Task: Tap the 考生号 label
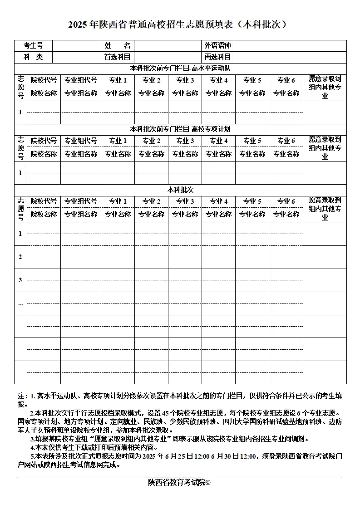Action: [33, 45]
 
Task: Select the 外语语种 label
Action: [217, 45]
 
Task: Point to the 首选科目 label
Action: [117, 57]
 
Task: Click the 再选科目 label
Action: [217, 57]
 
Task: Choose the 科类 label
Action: [33, 57]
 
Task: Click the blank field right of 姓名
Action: [168, 45]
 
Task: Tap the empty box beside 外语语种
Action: [290, 45]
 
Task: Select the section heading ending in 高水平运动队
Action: [180, 69]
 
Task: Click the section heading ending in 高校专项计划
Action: [180, 129]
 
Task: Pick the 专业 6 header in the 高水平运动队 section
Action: [286, 80]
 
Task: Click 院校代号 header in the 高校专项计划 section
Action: [44, 141]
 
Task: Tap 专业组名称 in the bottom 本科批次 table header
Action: [81, 214]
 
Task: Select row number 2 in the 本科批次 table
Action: [20, 257]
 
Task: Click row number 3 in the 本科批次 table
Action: [20, 280]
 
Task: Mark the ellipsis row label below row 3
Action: [20, 303]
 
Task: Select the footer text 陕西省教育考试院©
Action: [179, 482]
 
